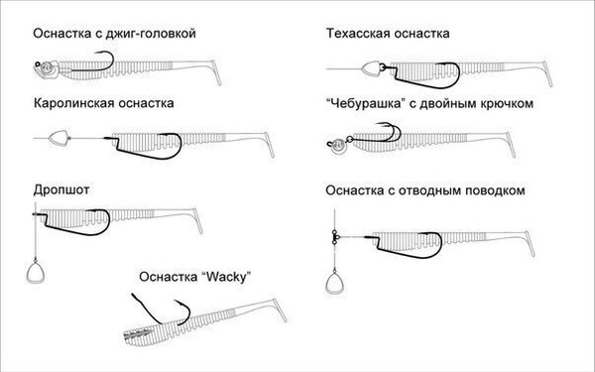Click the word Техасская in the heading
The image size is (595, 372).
pyautogui.click(x=358, y=34)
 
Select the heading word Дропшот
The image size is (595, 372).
pyautogui.click(x=61, y=189)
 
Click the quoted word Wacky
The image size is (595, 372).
pyautogui.click(x=226, y=277)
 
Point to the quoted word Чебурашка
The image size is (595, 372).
pyautogui.click(x=365, y=103)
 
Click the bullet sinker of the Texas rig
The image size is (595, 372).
pyautogui.click(x=371, y=68)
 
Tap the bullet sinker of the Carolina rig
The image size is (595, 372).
pyautogui.click(x=59, y=138)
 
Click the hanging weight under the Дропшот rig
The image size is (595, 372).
pyautogui.click(x=36, y=271)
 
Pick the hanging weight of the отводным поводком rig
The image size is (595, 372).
pyautogui.click(x=335, y=282)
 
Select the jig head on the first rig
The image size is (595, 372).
pyautogui.click(x=46, y=69)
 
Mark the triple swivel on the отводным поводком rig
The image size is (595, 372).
pyautogui.click(x=335, y=238)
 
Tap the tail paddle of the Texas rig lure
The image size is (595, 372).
pyautogui.click(x=546, y=73)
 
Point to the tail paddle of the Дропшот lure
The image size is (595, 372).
pyautogui.click(x=197, y=220)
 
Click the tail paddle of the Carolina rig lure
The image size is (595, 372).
pyautogui.click(x=269, y=145)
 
